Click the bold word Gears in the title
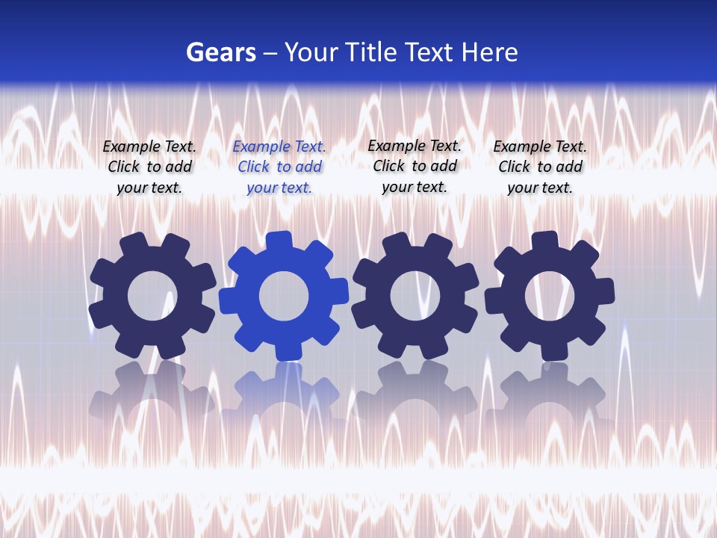pos(220,53)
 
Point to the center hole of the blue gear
pos(284,296)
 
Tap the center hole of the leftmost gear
pos(152,296)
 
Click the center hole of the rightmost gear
pos(549,296)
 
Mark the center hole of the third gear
pos(415,296)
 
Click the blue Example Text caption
pos(279,167)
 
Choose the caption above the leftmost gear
pos(149,167)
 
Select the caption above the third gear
pos(415,166)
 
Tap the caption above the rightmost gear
pos(540,167)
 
